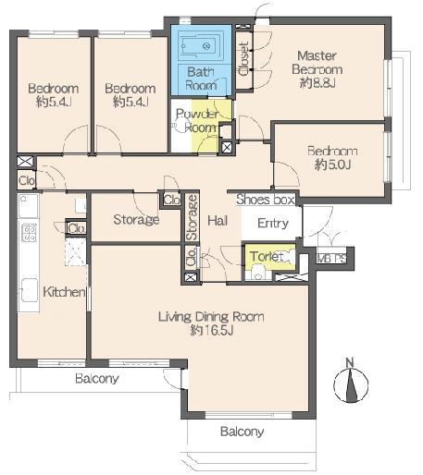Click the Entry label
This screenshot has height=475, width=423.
[x=273, y=223]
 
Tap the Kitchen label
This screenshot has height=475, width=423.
[x=64, y=292]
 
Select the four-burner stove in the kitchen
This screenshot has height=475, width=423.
[x=28, y=231]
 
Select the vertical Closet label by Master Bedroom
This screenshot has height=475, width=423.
[x=243, y=59]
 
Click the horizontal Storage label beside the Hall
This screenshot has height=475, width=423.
[x=136, y=220]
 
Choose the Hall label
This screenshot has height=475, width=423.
[x=218, y=221]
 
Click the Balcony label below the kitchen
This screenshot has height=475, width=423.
[x=96, y=379]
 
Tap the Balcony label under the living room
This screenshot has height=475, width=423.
[x=242, y=432]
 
